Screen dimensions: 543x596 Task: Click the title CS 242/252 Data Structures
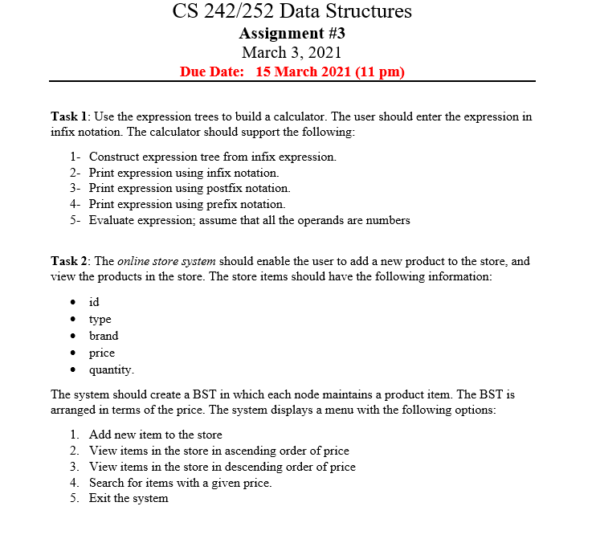click(292, 11)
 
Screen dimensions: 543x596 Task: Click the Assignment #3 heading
click(292, 33)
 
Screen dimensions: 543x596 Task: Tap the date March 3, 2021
click(292, 53)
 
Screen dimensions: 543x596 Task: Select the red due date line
click(292, 72)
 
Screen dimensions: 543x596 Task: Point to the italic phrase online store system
click(166, 262)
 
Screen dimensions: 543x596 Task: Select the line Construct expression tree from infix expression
click(212, 157)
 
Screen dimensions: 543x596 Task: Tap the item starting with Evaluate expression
click(249, 220)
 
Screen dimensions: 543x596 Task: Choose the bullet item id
click(94, 302)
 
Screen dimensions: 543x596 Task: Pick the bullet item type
click(100, 319)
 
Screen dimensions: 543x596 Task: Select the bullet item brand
click(103, 336)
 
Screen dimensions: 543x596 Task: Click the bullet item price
click(101, 353)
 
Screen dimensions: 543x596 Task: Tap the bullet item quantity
click(112, 370)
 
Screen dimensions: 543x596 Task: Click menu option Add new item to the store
click(155, 435)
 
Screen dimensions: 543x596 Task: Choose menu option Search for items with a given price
click(180, 483)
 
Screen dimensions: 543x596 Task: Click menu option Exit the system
click(129, 499)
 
